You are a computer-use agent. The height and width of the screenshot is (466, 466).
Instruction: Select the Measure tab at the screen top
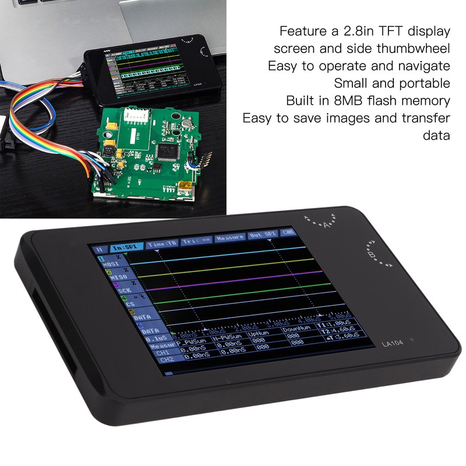[230, 239]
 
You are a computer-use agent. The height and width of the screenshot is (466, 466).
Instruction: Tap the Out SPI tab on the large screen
[263, 236]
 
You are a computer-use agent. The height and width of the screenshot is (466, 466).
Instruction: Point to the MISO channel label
[111, 277]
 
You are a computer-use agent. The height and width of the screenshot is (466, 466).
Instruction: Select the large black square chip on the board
[171, 150]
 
